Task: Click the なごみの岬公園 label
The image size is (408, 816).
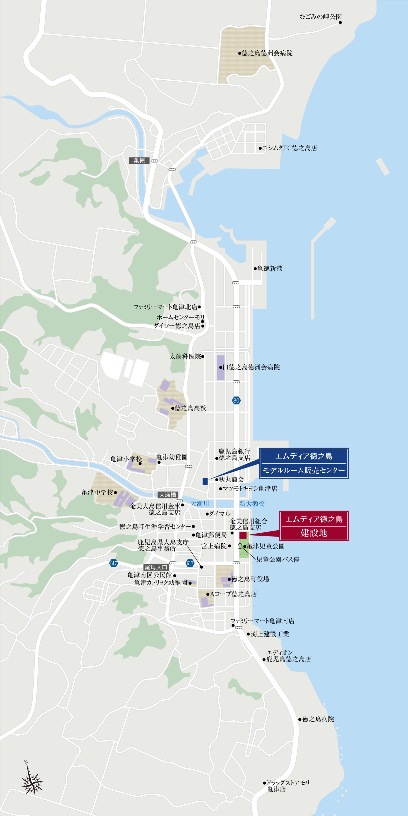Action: [320, 17]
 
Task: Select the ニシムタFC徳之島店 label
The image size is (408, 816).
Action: [289, 148]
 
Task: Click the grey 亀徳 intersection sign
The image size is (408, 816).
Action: [139, 161]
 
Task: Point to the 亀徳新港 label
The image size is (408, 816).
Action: [269, 269]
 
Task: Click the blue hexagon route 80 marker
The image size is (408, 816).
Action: [236, 400]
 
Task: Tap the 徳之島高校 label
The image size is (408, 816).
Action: [190, 408]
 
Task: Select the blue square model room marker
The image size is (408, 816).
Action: [205, 481]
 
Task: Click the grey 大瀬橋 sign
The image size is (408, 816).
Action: [167, 495]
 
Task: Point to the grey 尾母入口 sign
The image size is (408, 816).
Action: [156, 567]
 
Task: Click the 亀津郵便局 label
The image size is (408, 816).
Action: [211, 535]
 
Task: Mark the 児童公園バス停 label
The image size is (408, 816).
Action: [278, 560]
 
